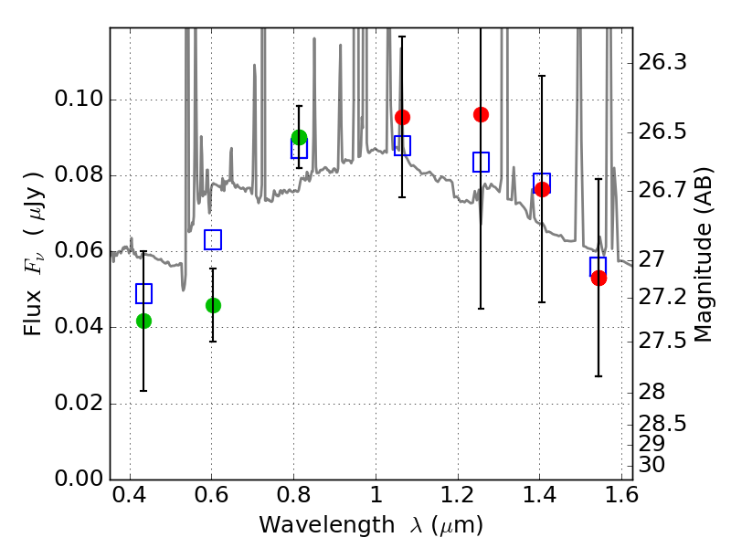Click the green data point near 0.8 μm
299,138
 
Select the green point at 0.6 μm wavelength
213,305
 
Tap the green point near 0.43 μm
143,321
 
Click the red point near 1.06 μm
402,117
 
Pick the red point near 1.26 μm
481,114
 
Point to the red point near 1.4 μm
542,189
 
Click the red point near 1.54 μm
599,278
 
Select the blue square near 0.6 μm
213,239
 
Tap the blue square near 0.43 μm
143,293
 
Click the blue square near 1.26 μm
481,162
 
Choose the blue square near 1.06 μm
402,145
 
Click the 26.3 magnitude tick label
664,63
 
